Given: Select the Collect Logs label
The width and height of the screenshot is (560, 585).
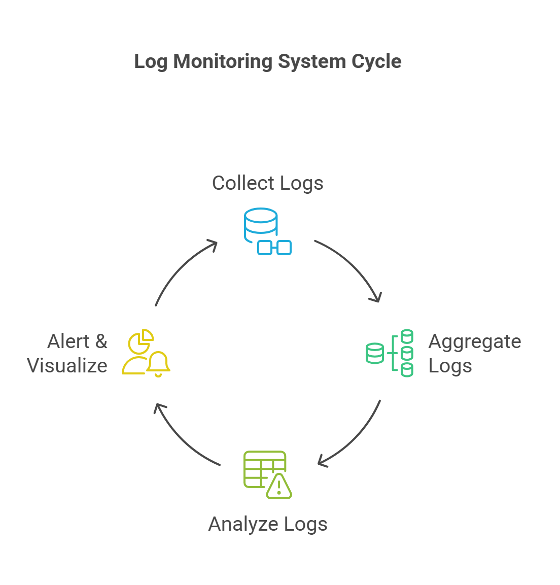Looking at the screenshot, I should [x=267, y=183].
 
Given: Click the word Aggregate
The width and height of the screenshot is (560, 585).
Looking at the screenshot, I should [x=474, y=341].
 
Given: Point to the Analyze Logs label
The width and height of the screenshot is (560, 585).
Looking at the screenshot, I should [x=267, y=524].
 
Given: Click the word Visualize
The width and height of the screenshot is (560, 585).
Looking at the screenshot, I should [x=67, y=366].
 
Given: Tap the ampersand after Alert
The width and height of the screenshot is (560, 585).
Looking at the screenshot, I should [x=101, y=341].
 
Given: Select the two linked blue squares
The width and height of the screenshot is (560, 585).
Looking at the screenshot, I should [x=274, y=248].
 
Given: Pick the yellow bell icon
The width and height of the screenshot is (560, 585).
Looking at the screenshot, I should [x=158, y=364].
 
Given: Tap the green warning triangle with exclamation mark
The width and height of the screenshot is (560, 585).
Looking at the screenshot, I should [x=279, y=487].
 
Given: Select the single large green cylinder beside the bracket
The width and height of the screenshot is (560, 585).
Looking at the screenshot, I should [x=375, y=353].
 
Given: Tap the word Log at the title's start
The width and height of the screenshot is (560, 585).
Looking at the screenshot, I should [x=151, y=61].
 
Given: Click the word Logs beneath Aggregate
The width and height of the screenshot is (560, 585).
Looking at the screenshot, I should [x=450, y=366].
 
